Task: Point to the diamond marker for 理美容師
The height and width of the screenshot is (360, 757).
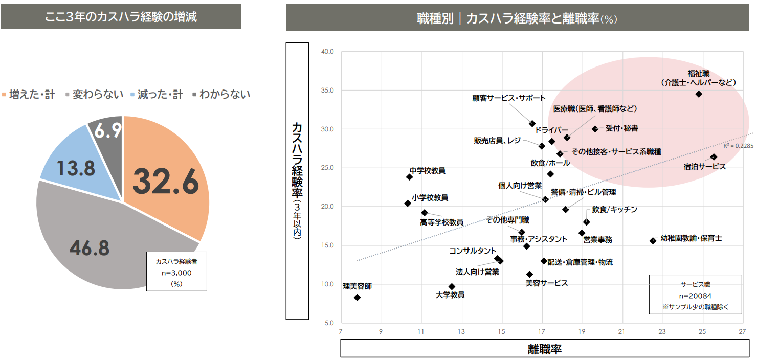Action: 358,298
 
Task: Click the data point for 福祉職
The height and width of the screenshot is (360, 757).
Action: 699,94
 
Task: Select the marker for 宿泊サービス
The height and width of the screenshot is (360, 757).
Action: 714,157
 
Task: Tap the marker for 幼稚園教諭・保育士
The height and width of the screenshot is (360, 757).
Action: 653,241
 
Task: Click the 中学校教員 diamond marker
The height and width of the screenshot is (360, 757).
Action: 409,177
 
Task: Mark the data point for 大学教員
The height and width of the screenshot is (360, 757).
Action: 452,287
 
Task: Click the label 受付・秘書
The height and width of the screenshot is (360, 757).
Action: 621,129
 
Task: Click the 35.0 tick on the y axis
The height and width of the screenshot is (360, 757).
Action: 327,91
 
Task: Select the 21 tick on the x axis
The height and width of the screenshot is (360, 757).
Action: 622,331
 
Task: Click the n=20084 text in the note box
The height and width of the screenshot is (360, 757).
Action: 695,296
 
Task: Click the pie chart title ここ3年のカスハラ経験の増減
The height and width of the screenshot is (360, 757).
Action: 121,16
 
